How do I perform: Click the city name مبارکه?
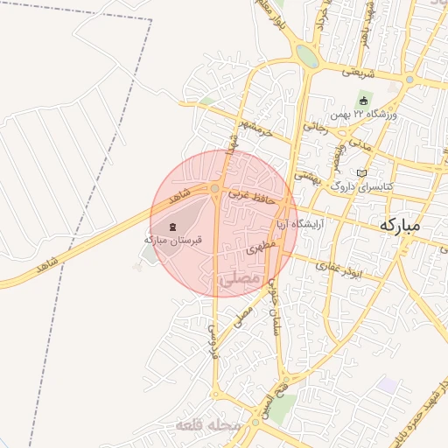[400, 225]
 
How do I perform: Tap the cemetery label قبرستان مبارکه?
[173, 239]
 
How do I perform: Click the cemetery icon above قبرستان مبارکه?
[171, 227]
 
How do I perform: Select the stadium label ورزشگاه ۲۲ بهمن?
[364, 115]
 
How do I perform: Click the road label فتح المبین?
[285, 397]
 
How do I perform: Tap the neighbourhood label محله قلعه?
[207, 426]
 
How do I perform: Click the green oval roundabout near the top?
[306, 56]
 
